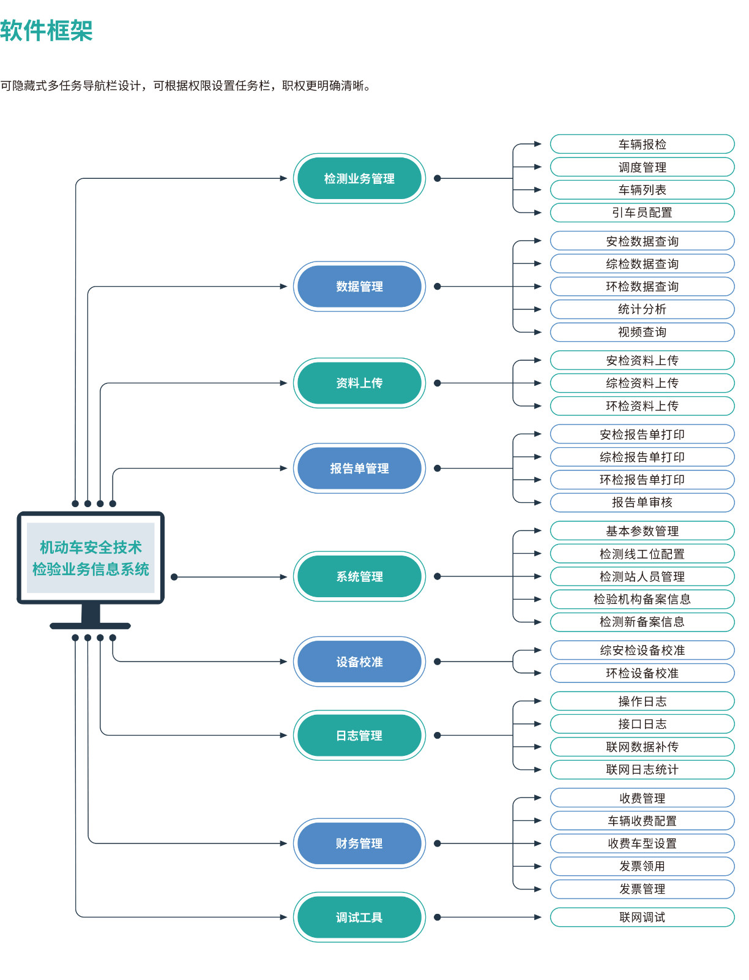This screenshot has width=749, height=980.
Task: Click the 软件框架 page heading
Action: (47, 31)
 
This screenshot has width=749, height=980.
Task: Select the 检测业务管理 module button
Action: (359, 179)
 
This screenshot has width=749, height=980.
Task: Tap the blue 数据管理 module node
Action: (359, 286)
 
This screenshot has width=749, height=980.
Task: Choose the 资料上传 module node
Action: (359, 383)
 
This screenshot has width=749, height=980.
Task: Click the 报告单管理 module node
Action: (359, 469)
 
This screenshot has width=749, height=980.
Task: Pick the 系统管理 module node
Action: (359, 576)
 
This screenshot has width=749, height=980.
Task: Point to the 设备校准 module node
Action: (359, 661)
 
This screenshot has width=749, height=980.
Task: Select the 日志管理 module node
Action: (359, 736)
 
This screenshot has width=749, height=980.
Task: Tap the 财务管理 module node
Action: (359, 843)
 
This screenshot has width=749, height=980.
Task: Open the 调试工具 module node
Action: (359, 917)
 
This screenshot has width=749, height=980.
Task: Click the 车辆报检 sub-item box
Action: (642, 144)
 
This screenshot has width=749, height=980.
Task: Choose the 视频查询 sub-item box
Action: (642, 332)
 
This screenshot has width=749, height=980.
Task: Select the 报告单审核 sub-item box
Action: (642, 502)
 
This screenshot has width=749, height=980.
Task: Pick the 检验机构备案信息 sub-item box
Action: (642, 599)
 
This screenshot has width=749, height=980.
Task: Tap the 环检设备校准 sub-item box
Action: (642, 673)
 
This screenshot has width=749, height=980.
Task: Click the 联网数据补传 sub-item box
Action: (642, 747)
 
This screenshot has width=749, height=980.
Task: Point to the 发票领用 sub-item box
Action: (642, 866)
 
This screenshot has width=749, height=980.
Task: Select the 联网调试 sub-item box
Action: (642, 917)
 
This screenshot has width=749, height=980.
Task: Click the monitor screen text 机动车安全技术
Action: (91, 548)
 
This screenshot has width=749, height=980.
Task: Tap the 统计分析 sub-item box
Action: (642, 309)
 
